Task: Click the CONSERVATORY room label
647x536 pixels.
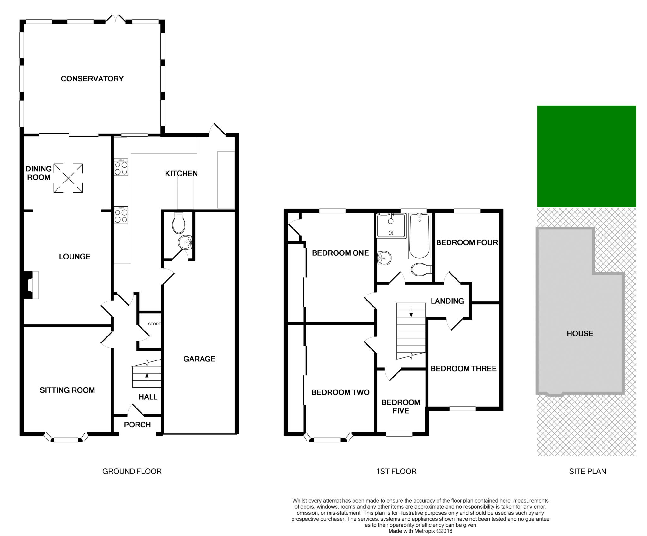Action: click(x=92, y=79)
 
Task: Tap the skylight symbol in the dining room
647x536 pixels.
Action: click(x=68, y=178)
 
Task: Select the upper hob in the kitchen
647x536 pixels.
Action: click(x=121, y=167)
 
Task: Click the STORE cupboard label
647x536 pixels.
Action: click(x=154, y=324)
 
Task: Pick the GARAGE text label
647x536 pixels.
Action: click(x=199, y=359)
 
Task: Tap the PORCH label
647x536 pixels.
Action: click(x=137, y=425)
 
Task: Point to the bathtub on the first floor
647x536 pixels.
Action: click(x=419, y=236)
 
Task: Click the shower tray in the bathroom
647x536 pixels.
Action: click(x=391, y=226)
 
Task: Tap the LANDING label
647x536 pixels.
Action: click(x=447, y=301)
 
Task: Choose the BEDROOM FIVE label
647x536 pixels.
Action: click(x=401, y=406)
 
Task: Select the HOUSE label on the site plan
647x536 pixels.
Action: click(x=580, y=334)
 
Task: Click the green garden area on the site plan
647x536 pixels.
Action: click(x=586, y=156)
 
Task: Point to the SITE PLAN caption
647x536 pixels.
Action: click(x=587, y=471)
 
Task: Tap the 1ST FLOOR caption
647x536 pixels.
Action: click(x=396, y=471)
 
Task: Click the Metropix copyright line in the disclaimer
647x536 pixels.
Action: click(x=420, y=531)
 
